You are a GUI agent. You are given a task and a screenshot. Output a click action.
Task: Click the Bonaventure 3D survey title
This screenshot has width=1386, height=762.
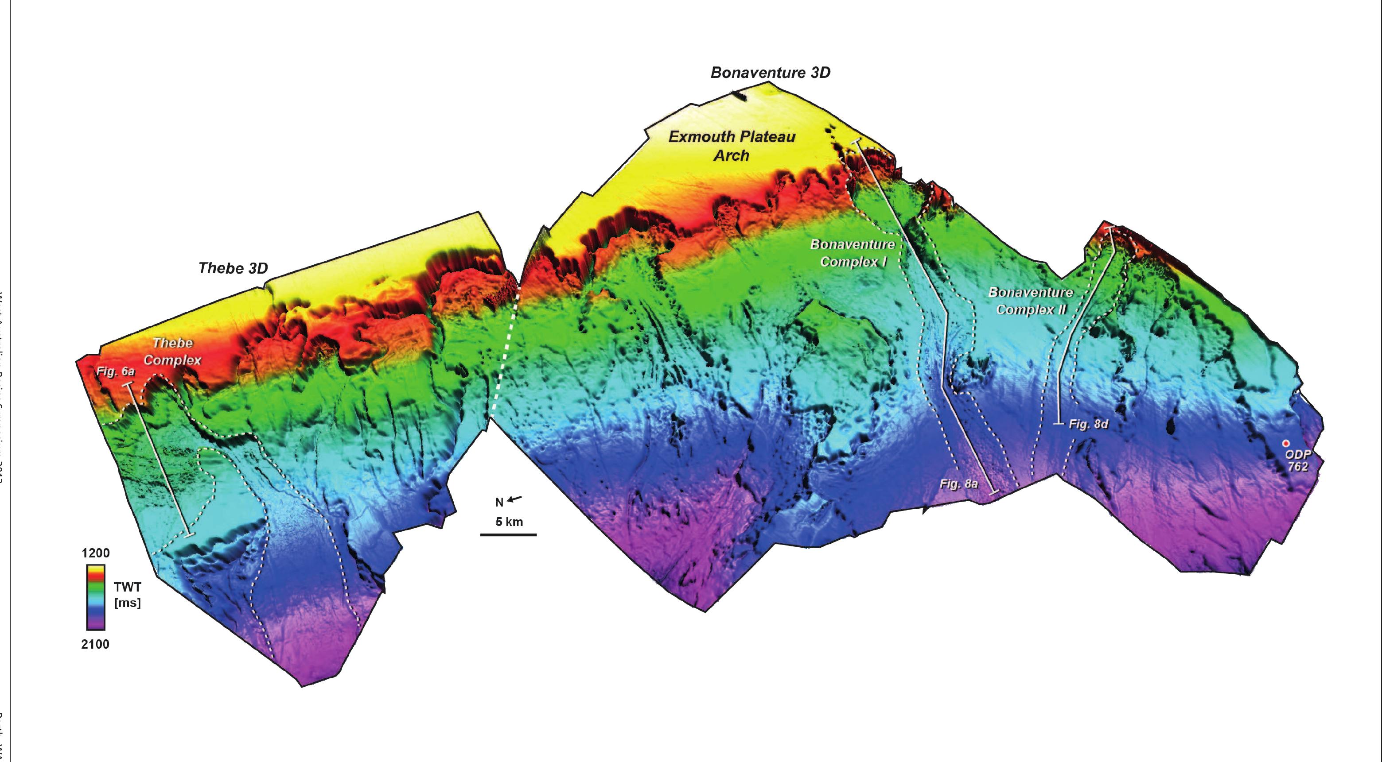point(770,73)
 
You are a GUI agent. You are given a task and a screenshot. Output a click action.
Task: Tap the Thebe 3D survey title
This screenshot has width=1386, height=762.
point(233,268)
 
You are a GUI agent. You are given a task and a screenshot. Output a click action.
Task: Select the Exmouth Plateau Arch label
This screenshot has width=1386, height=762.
point(732,146)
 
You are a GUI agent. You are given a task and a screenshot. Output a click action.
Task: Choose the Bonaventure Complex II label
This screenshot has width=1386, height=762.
point(1030,301)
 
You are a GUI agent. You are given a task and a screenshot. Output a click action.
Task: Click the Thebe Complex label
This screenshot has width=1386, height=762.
point(172,351)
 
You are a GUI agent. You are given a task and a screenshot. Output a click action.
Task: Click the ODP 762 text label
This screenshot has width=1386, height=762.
point(1298,461)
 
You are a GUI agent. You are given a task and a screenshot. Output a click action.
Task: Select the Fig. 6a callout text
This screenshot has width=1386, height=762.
point(115,371)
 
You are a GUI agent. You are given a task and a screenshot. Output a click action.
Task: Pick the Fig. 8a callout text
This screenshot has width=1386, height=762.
point(958,484)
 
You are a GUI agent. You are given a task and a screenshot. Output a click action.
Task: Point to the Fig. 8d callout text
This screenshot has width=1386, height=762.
point(1088,424)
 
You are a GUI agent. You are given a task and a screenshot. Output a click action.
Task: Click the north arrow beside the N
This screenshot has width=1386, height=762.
point(514,499)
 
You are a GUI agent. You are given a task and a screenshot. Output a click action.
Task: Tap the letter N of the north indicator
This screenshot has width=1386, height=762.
point(499,502)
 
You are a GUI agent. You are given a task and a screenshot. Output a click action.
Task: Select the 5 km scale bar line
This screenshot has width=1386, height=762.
point(509,535)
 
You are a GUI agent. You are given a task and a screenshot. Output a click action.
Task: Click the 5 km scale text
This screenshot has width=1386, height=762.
point(509,522)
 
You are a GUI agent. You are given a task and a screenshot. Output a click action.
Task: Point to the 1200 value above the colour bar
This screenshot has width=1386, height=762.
point(95,553)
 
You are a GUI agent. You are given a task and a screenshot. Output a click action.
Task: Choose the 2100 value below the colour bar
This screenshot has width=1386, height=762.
point(95,644)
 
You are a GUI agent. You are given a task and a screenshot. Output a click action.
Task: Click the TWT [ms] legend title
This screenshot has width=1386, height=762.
point(128,595)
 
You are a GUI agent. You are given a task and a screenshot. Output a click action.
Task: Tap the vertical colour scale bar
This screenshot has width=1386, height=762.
point(96,597)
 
